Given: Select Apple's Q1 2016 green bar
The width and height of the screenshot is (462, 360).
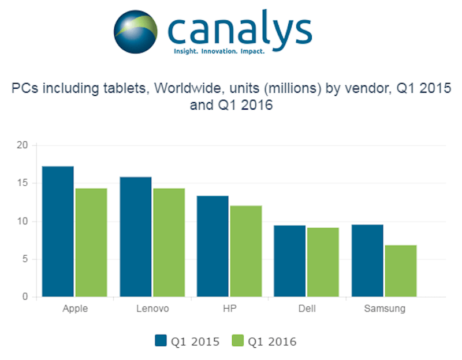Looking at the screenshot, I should [91, 243].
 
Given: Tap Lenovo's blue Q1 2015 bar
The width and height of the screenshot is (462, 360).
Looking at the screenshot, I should [135, 237].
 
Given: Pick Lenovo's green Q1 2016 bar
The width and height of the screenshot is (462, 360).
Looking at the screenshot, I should [169, 243].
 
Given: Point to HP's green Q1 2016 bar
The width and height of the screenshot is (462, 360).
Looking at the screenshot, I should [246, 252].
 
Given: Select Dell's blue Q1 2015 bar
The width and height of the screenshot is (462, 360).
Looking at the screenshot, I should [290, 261].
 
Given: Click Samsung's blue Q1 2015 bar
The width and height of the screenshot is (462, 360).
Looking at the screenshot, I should [367, 261].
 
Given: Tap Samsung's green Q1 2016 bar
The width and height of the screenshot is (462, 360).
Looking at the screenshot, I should [401, 271].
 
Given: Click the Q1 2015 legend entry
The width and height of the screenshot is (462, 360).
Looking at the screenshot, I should [187, 341].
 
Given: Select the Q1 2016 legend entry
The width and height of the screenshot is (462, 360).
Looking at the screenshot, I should [264, 341].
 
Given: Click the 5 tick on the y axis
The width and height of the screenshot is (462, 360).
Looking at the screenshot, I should [24, 259].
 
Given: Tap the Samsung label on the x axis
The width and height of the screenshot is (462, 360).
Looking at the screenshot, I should [385, 309].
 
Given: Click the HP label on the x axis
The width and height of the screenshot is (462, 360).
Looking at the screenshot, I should [229, 309].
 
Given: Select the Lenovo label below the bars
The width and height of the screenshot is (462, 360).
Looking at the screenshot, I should [152, 309].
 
